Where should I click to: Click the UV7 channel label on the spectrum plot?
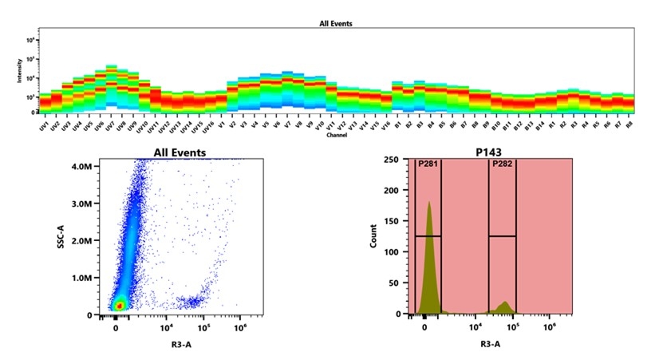coord(109,126)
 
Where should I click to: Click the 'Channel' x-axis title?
coord(336,135)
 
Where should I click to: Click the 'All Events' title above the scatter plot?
coord(180,152)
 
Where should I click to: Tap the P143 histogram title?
coord(492,152)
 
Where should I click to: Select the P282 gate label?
coord(502,164)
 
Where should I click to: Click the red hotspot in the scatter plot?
coord(119,305)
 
